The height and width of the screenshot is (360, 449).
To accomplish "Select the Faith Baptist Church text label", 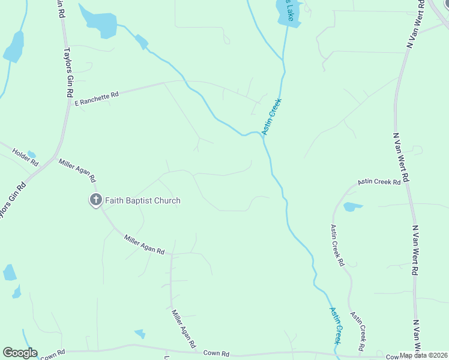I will click(x=143, y=200).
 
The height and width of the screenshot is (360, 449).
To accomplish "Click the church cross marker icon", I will click(x=95, y=200).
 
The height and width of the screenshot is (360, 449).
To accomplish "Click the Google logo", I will click(x=20, y=353).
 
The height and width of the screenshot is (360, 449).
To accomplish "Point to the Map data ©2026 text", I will click(x=422, y=355).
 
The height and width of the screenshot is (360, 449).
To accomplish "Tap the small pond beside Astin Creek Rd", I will click(x=352, y=207).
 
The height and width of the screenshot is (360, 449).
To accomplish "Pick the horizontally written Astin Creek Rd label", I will click(x=379, y=181).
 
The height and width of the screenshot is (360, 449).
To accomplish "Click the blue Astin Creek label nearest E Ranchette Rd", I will click(x=271, y=116).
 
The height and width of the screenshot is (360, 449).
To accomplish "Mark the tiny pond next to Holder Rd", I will click(x=32, y=154).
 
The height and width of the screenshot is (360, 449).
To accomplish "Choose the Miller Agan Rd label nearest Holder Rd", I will click(x=77, y=170).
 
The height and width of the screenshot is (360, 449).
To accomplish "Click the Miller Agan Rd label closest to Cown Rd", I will click(x=184, y=329).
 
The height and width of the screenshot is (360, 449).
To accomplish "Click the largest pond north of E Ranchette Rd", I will click(x=99, y=22).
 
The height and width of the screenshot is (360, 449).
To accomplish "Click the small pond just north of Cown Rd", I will click(x=140, y=333).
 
